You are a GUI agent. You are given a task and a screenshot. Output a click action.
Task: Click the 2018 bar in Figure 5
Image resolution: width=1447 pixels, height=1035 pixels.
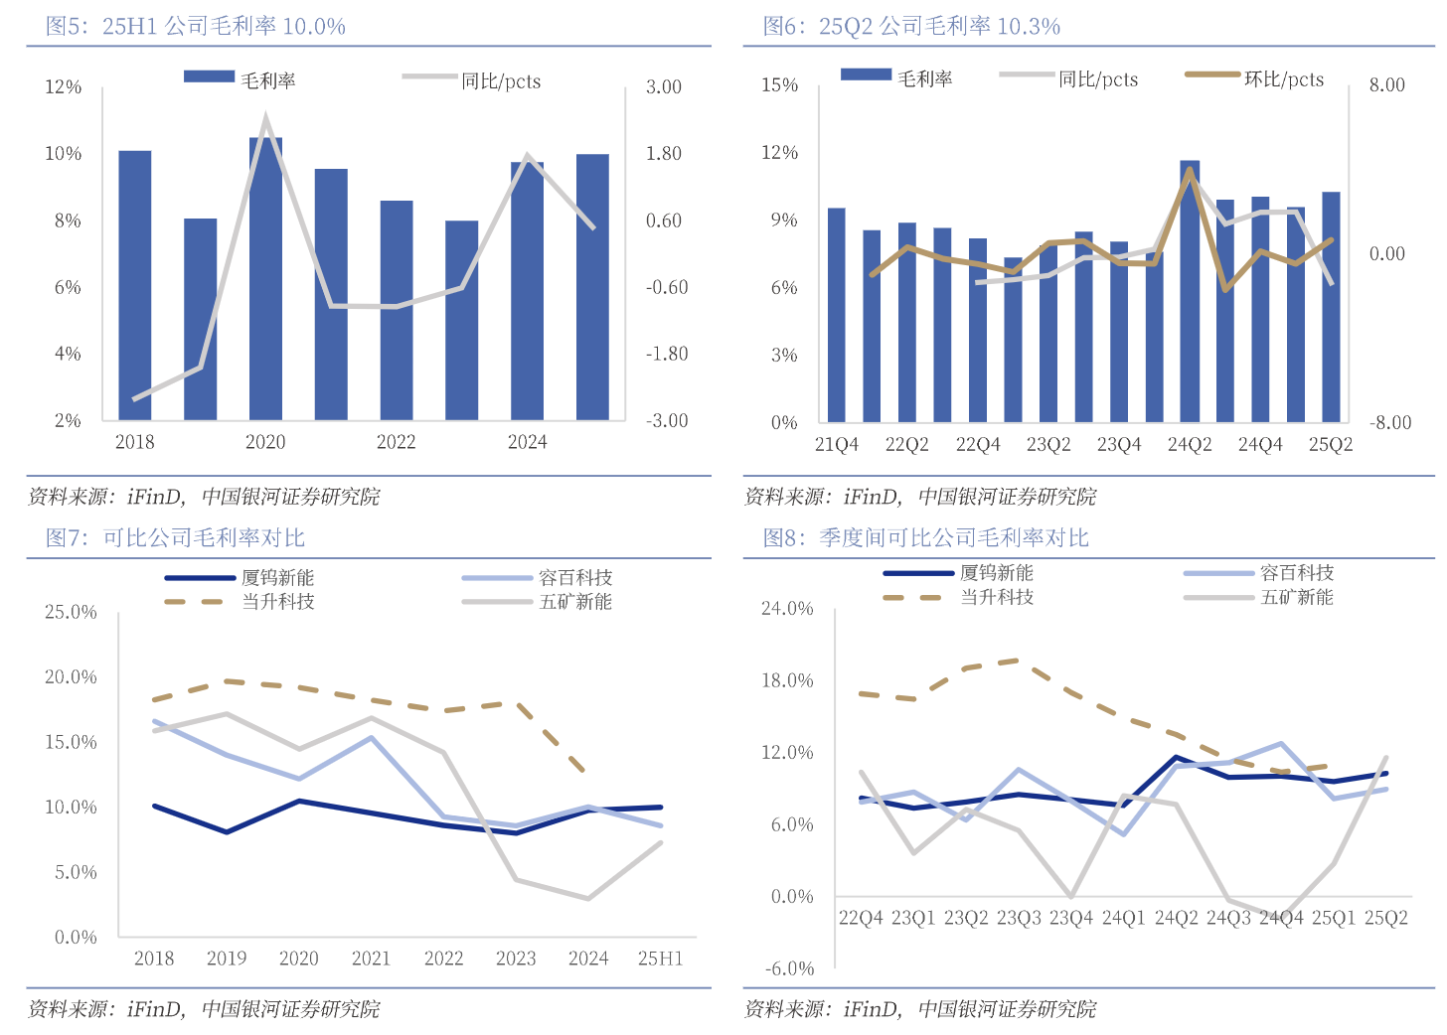click(x=135, y=285)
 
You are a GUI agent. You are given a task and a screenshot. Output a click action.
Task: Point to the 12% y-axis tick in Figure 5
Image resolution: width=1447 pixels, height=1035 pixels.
click(x=64, y=87)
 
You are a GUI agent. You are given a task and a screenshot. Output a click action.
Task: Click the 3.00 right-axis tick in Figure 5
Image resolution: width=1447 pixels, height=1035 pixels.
click(x=664, y=87)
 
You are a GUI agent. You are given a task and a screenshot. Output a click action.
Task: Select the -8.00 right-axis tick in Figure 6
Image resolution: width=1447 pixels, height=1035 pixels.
click(x=1389, y=422)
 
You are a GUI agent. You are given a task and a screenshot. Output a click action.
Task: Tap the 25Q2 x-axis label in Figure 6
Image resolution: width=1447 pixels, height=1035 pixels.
click(x=1330, y=445)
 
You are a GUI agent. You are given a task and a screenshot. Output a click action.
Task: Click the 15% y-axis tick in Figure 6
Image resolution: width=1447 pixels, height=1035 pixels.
click(x=780, y=85)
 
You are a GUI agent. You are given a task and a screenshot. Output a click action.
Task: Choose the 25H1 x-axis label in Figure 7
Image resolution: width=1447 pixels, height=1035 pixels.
click(x=661, y=959)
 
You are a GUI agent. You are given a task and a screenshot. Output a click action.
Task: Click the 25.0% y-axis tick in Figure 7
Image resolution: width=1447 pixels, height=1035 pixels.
click(x=71, y=612)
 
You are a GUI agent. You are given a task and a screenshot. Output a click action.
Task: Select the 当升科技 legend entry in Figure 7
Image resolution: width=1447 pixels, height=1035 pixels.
click(x=278, y=602)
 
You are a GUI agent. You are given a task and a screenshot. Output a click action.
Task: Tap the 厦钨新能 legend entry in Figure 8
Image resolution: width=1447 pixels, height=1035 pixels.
click(x=996, y=573)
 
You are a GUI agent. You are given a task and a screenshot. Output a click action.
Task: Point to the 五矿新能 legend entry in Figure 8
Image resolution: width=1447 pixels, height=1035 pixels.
click(x=1297, y=597)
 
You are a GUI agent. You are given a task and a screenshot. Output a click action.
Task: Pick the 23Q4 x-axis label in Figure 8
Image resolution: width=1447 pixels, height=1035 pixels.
click(x=1070, y=918)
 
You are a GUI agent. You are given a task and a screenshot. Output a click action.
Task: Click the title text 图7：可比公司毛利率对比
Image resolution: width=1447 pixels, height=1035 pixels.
click(x=176, y=538)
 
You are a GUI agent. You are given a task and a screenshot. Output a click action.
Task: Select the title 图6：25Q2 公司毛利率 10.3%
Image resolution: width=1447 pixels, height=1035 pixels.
click(x=911, y=27)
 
